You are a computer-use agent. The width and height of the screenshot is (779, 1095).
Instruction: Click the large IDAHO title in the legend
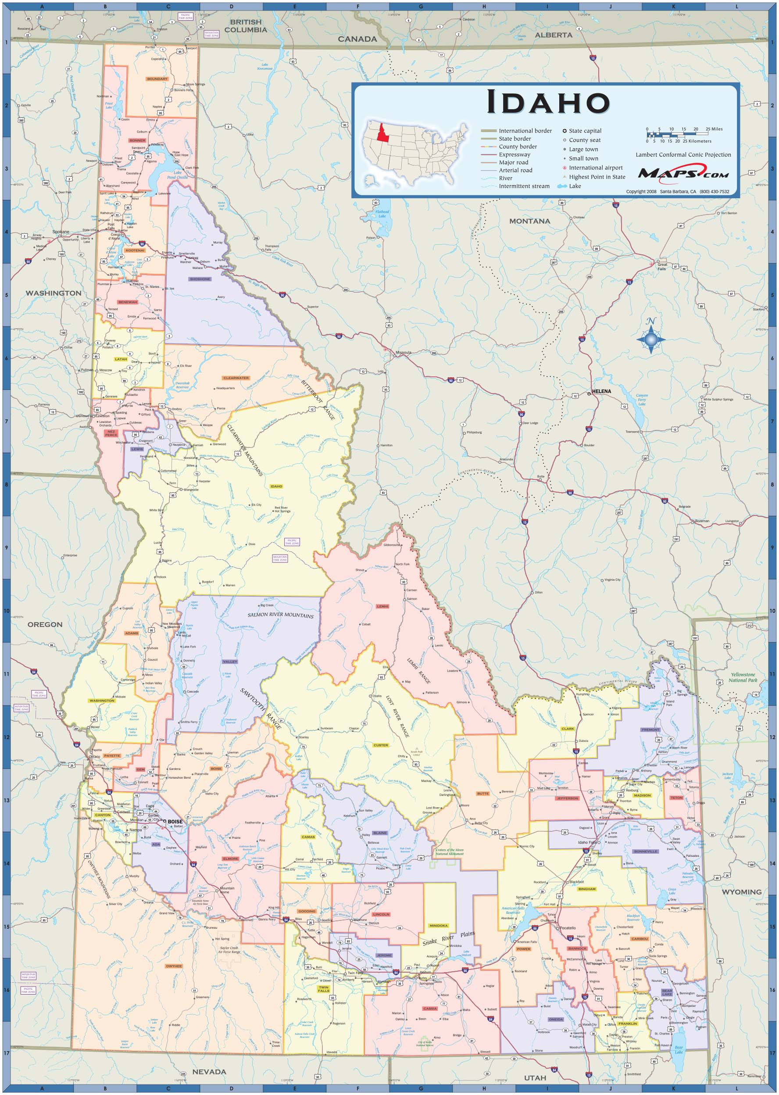pyautogui.click(x=548, y=103)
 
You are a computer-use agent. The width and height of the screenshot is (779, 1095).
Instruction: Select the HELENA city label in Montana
pyautogui.click(x=601, y=391)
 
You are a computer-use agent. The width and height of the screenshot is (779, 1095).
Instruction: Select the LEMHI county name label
pyautogui.click(x=382, y=606)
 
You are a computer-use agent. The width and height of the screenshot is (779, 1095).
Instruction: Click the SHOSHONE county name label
pyautogui.click(x=200, y=279)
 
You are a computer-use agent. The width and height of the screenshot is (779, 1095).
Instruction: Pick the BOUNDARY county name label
pyautogui.click(x=157, y=79)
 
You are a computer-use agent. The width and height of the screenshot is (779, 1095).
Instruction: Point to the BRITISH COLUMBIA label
pyautogui.click(x=246, y=26)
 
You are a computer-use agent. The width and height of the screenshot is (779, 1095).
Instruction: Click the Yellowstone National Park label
pyautogui.click(x=742, y=677)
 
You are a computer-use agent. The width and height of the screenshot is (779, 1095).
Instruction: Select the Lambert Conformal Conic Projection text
pyautogui.click(x=683, y=155)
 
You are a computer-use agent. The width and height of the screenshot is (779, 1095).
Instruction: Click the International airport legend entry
pyautogui.click(x=595, y=168)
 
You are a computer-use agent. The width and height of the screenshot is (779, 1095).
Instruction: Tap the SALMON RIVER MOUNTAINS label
pyautogui.click(x=281, y=615)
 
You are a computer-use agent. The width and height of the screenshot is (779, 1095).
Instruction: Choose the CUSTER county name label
pyautogui.click(x=380, y=745)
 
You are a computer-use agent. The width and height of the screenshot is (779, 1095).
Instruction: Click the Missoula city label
pyautogui.click(x=404, y=353)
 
